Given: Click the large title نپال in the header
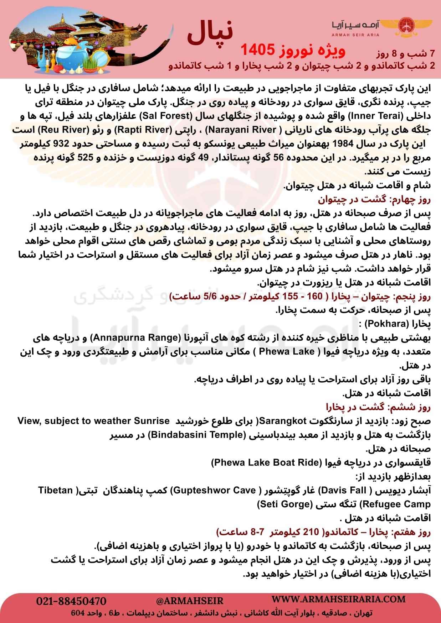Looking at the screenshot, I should click(210, 33).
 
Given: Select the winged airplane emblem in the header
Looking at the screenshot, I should click(409, 26).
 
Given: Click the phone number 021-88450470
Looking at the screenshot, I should click(71, 601).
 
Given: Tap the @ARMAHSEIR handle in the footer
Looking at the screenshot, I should click(190, 601).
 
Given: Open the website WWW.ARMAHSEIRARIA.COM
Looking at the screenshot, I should click(339, 599).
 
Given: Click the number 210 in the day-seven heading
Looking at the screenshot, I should click(311, 532).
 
